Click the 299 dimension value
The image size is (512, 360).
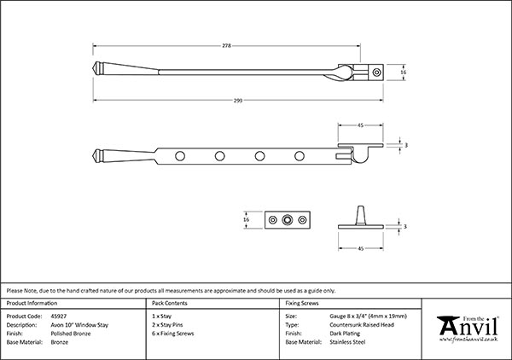click(x=237, y=101)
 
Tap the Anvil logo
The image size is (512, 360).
click(x=468, y=328)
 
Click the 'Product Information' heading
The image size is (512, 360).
click(x=31, y=303)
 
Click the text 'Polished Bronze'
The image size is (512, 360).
click(x=64, y=333)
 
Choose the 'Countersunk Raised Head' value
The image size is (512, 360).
click(x=364, y=324)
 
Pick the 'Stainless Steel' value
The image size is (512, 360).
click(x=350, y=341)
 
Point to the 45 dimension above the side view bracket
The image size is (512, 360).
click(x=361, y=125)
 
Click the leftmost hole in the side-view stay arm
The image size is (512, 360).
click(x=179, y=156)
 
